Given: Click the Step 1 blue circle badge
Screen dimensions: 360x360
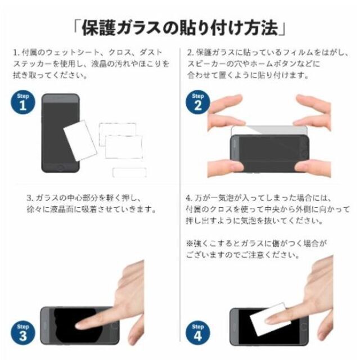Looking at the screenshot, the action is (23, 102).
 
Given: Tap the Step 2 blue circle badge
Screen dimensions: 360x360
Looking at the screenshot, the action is (197, 102).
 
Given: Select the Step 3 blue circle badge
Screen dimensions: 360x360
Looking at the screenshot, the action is (23, 332).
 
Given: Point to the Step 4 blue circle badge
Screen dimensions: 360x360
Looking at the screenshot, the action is (197, 332).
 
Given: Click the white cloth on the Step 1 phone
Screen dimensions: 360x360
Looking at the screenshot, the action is (80, 140).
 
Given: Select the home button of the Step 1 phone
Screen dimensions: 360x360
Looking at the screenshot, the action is (60, 167).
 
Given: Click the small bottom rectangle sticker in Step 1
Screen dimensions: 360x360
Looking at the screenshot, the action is (129, 173).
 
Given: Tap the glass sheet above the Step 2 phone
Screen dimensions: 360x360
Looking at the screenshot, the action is (269, 130).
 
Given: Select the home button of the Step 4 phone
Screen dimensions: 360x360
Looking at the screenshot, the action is (304, 326).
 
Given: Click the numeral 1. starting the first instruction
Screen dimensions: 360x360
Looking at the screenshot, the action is (16, 52).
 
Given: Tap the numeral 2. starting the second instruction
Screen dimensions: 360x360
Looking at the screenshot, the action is (190, 52).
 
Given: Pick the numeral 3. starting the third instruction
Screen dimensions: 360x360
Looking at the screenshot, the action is (30, 198).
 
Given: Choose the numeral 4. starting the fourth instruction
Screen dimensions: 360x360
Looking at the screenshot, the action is (189, 198).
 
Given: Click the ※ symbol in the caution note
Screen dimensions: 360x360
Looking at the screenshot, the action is (190, 244).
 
